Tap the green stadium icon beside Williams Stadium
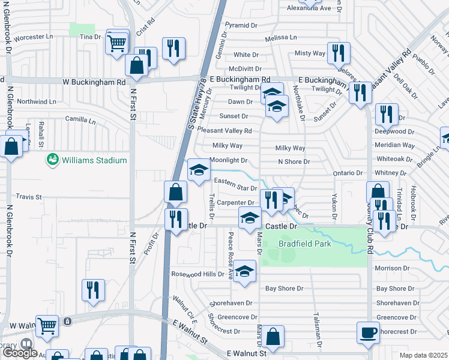coord(53,160)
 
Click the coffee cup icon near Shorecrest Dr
coord(368,332)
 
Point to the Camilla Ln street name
coord(80,120)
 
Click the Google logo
coord(20,352)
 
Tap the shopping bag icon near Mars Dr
coord(273,337)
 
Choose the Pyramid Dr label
coord(241,26)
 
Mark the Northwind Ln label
coord(37,101)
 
